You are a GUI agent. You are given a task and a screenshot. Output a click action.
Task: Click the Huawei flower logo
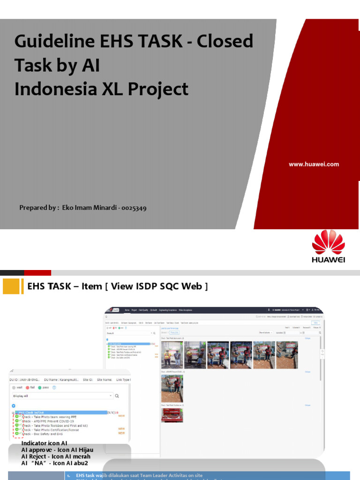tap(329, 242)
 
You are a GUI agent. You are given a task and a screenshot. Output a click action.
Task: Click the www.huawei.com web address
tap(314, 164)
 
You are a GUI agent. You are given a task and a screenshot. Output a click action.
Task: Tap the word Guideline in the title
tap(53, 42)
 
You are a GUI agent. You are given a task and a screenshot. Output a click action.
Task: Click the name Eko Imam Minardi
tap(91, 208)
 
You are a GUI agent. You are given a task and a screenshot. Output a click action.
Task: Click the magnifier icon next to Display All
tap(117, 396)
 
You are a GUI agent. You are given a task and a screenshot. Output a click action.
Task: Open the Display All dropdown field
tap(61, 396)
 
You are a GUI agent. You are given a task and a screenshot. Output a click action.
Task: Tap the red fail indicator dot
tap(28, 388)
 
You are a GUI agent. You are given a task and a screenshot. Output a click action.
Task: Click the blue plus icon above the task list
tap(14, 405)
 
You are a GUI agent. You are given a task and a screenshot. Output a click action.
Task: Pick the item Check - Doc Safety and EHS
tap(45, 434)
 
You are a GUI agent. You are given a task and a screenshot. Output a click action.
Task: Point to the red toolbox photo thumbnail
tap(172, 415)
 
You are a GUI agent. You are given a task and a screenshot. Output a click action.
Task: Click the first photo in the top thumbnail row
tap(172, 355)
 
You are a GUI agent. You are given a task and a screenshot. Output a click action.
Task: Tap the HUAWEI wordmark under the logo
tap(329, 260)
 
